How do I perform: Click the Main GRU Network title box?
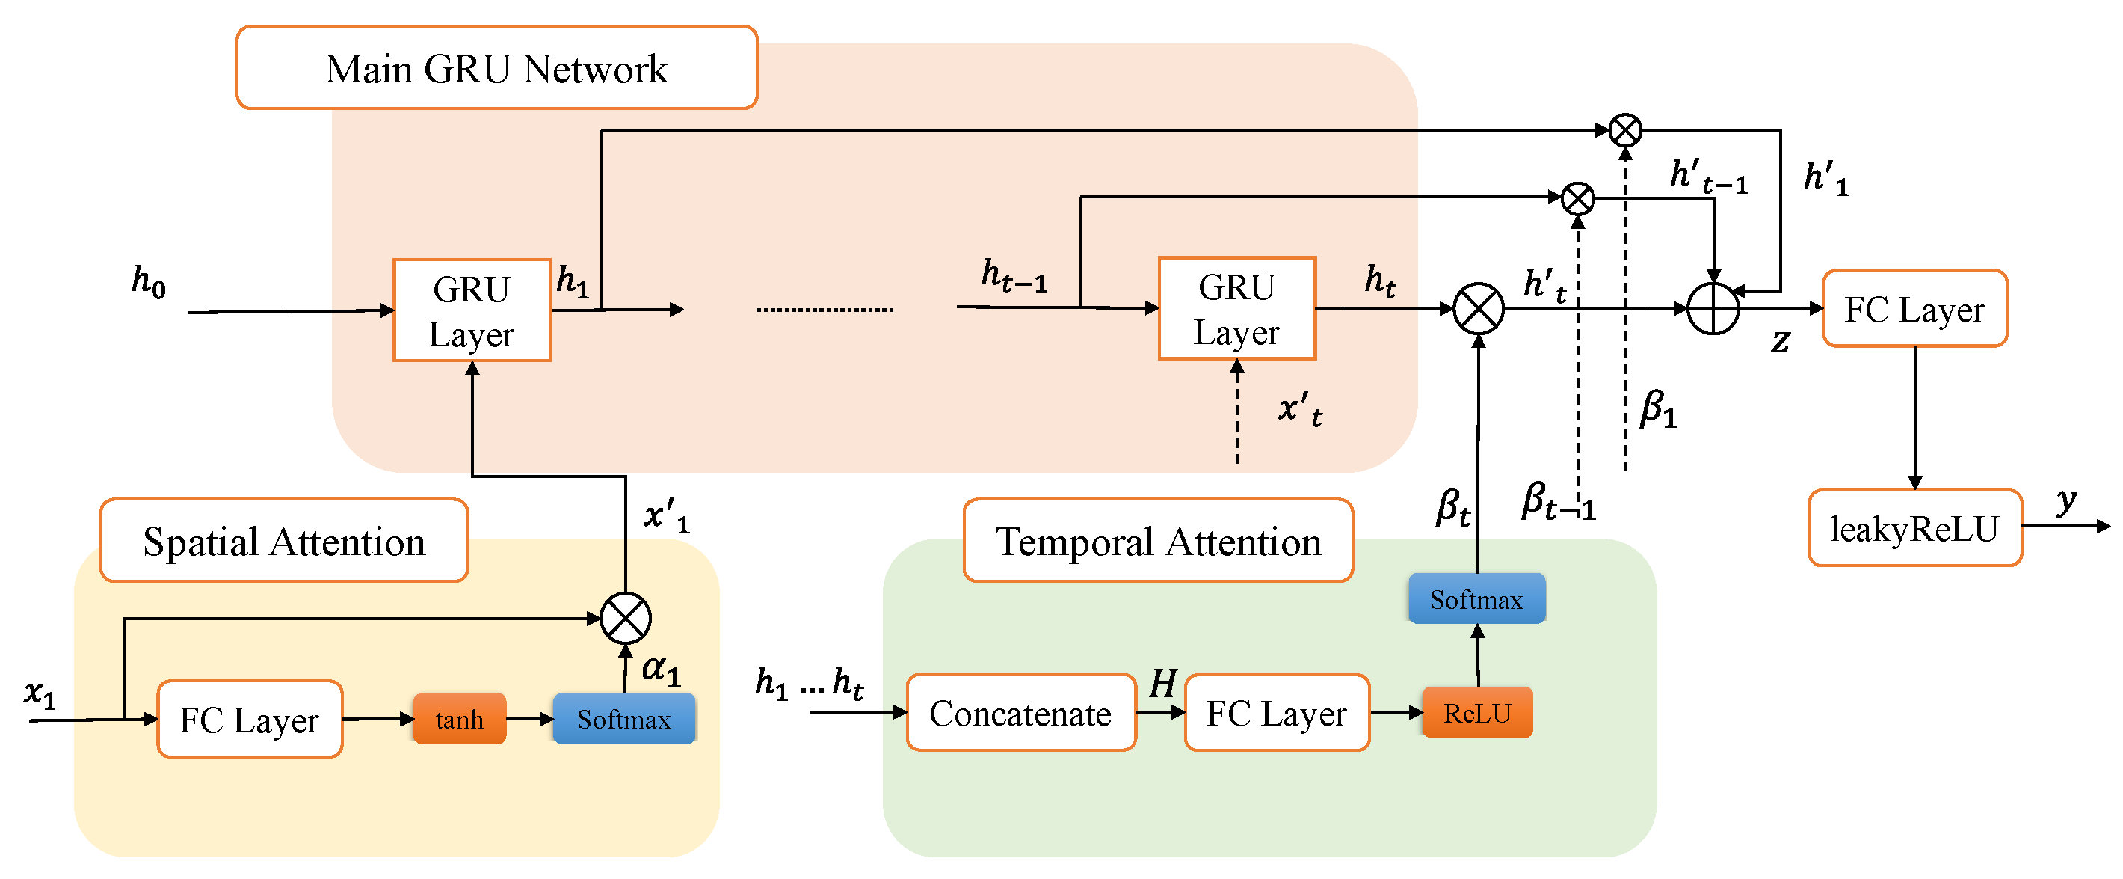[x=496, y=67]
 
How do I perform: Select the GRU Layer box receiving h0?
[x=472, y=311]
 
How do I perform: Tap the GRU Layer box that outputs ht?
[x=1236, y=309]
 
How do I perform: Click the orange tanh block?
[x=459, y=719]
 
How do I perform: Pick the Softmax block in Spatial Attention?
[x=624, y=719]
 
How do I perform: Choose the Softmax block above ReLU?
[x=1476, y=598]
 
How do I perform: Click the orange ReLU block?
[x=1477, y=712]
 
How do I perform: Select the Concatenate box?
[x=1020, y=713]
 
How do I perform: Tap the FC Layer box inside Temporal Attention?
[x=1277, y=713]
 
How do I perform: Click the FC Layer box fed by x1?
[x=249, y=719]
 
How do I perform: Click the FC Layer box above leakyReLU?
[x=1914, y=309]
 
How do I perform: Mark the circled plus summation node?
[x=1713, y=309]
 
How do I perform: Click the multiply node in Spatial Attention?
[x=626, y=619]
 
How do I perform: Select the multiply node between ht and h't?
[x=1479, y=309]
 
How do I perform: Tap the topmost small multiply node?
[x=1625, y=130]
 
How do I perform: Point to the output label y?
[x=2065, y=500]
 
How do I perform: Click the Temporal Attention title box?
[x=1158, y=541]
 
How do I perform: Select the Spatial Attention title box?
[x=283, y=541]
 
